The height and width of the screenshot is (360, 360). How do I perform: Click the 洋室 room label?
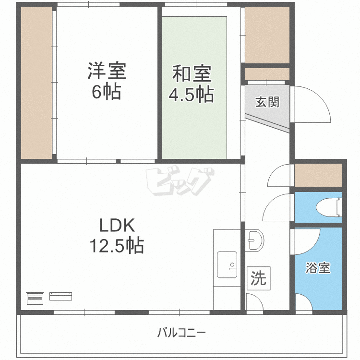pyautogui.click(x=107, y=72)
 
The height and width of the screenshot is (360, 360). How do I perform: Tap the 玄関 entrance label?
pyautogui.click(x=267, y=102)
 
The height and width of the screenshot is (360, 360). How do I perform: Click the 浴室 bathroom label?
pyautogui.click(x=318, y=268)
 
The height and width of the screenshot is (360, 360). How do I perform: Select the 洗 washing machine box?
pyautogui.click(x=259, y=278)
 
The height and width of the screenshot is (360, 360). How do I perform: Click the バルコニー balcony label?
pyautogui.click(x=182, y=333)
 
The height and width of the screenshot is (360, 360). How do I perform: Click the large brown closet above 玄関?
pyautogui.click(x=267, y=35)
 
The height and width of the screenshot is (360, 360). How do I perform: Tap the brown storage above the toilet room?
pyautogui.click(x=318, y=175)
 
